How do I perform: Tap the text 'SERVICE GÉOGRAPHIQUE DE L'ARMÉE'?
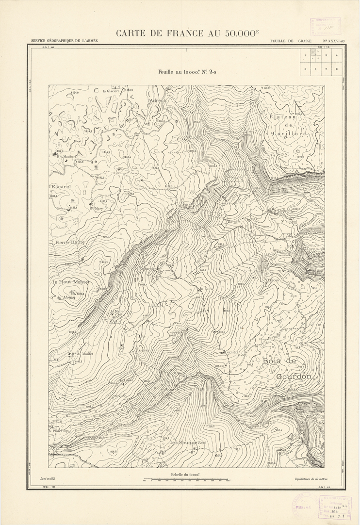pyautogui.click(x=64, y=41)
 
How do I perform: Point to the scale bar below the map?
pyautogui.click(x=186, y=480)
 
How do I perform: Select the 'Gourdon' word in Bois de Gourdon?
pyautogui.click(x=294, y=377)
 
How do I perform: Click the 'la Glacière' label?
pyautogui.click(x=111, y=90)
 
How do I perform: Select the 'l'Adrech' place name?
pyautogui.click(x=157, y=100)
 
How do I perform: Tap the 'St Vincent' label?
pyautogui.click(x=289, y=221)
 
